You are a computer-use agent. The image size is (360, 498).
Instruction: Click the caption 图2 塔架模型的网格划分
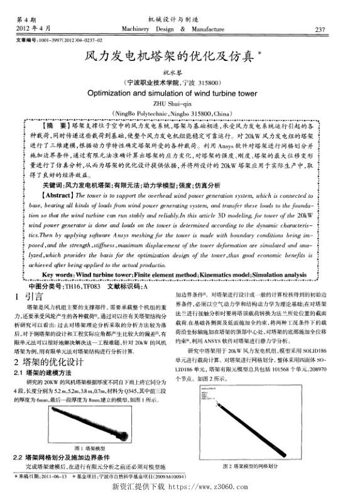coord(251,467)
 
